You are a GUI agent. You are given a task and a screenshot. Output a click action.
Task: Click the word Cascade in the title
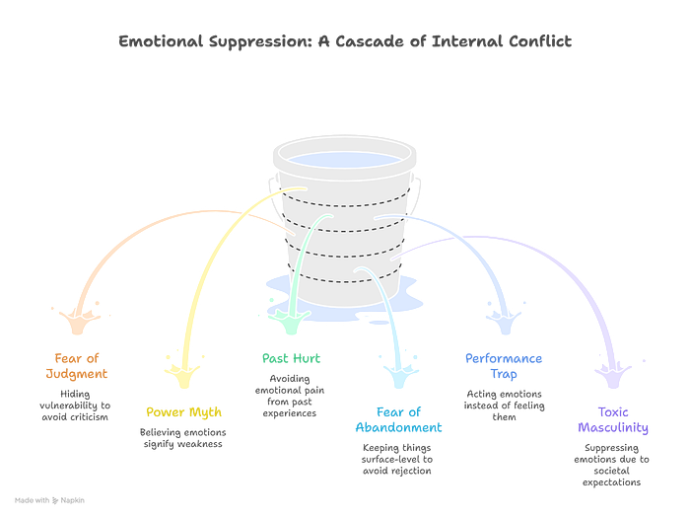[x=370, y=41]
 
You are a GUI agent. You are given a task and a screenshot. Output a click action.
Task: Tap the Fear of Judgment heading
[x=77, y=366]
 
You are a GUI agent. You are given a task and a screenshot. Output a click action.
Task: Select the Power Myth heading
[x=184, y=412]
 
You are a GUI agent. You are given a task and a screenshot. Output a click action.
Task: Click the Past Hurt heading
[x=292, y=358]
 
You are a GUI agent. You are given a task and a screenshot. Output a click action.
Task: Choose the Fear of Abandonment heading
[x=398, y=419]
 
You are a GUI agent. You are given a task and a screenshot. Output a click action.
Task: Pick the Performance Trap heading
[x=504, y=366]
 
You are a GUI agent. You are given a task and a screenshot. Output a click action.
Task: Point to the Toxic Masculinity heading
[x=613, y=419]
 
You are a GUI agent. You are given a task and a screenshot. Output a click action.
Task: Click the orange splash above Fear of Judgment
[x=79, y=321]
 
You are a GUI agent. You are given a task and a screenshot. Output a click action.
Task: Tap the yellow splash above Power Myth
[x=184, y=373]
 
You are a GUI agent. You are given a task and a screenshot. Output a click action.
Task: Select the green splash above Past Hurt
[x=290, y=320]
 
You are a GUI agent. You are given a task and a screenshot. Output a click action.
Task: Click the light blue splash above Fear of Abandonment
[x=399, y=374]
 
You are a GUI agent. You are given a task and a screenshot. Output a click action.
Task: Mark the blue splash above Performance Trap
[x=505, y=321]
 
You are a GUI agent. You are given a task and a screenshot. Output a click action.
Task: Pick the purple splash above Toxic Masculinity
[x=613, y=374]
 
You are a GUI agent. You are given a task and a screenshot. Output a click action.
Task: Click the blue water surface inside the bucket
[x=345, y=159]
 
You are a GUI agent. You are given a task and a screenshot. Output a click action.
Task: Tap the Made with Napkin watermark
[x=49, y=500]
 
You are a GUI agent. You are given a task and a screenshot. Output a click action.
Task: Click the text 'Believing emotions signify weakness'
[x=183, y=438]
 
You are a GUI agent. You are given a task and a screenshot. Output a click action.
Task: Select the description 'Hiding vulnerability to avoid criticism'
[x=75, y=406]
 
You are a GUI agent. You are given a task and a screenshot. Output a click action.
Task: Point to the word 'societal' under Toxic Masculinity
[x=612, y=471]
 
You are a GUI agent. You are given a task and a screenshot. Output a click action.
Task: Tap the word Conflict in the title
[x=540, y=41]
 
